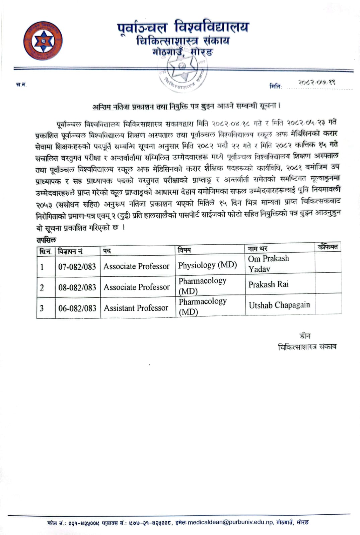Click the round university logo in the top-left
click(43, 41)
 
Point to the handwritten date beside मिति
click(316, 83)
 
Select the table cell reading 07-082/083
click(77, 267)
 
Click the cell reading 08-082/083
click(77, 287)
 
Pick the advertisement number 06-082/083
click(77, 308)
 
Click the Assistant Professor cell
click(136, 308)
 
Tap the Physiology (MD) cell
click(208, 265)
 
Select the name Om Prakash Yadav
click(268, 264)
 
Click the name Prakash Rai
click(268, 284)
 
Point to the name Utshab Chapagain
click(279, 305)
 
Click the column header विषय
click(185, 250)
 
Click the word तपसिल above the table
click(46, 240)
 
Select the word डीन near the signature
click(305, 336)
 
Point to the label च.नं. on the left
click(21, 85)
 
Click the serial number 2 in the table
click(42, 288)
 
